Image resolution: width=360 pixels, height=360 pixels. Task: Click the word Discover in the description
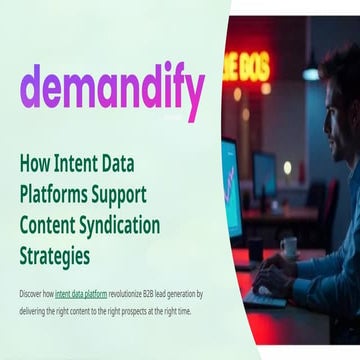tap(35, 294)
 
